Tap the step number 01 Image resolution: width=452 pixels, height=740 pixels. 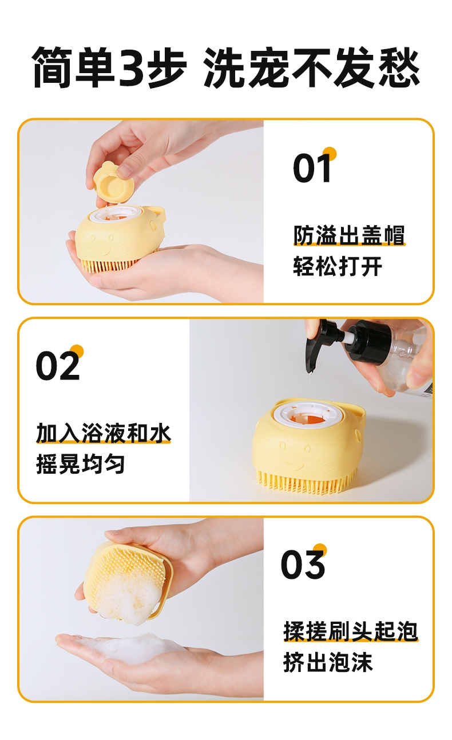[312, 168]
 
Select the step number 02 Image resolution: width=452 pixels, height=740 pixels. [58, 366]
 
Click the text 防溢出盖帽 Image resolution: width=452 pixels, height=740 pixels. [349, 235]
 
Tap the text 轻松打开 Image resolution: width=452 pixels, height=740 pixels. [338, 266]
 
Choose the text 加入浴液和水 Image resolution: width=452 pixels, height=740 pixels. [103, 433]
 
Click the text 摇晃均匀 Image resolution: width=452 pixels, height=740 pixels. [81, 464]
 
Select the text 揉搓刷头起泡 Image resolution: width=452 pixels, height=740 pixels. [351, 631]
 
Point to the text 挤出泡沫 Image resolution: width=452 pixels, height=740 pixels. [328, 663]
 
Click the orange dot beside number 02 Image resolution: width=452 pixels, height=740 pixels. [77, 351]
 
